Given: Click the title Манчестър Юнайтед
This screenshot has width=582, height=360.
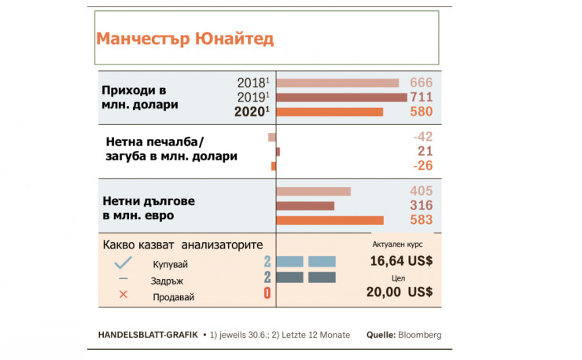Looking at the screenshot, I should pyautogui.click(x=184, y=39).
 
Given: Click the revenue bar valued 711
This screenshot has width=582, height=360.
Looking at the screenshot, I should pyautogui.click(x=342, y=97).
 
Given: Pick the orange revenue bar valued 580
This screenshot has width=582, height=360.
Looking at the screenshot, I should pyautogui.click(x=330, y=112).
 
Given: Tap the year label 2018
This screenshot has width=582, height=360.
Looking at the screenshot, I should pyautogui.click(x=253, y=83).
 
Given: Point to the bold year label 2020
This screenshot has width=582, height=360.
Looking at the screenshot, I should pyautogui.click(x=252, y=112).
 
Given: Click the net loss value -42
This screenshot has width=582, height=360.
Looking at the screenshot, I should pyautogui.click(x=422, y=137).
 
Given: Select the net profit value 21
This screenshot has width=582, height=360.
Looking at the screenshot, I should pyautogui.click(x=425, y=151).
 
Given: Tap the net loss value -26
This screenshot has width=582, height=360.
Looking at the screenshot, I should pyautogui.click(x=422, y=165).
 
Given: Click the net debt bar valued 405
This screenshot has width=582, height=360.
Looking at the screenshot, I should pyautogui.click(x=314, y=191).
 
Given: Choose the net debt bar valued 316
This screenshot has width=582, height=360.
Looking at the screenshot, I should pyautogui.click(x=306, y=206).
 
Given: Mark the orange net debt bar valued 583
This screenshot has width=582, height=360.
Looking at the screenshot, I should pyautogui.click(x=330, y=220).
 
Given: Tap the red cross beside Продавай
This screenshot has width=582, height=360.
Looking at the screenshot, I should pyautogui.click(x=123, y=296).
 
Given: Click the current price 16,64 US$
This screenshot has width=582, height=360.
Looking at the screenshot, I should pyautogui.click(x=401, y=261).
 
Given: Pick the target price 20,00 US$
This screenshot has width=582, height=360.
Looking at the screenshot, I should pyautogui.click(x=401, y=292).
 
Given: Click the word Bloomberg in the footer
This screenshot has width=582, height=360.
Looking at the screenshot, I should pyautogui.click(x=420, y=335).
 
